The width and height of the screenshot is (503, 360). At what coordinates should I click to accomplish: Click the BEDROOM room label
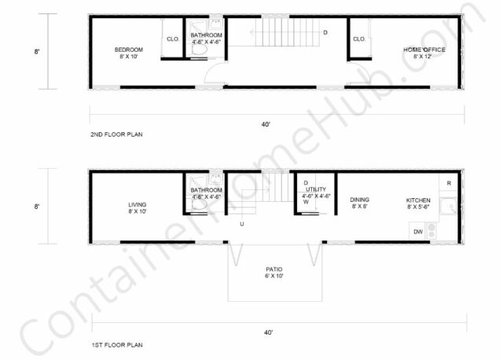[128, 49]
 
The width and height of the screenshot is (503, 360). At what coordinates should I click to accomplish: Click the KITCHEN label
[418, 200]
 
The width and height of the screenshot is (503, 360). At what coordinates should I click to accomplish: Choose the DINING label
[361, 200]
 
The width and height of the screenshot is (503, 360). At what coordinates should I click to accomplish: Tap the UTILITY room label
[319, 189]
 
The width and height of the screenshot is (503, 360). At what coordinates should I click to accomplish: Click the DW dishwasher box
[418, 231]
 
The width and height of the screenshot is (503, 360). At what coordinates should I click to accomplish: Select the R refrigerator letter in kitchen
[448, 183]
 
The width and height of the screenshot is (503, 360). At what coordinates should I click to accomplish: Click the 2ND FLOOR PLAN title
[116, 134]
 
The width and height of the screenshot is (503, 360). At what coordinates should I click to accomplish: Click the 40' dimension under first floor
[269, 332]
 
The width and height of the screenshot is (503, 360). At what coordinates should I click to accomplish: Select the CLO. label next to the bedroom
[173, 39]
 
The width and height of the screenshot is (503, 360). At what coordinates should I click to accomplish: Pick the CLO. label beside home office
[359, 39]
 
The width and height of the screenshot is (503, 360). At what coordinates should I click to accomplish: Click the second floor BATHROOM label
[206, 35]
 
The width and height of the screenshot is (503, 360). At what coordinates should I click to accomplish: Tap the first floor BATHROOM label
[206, 189]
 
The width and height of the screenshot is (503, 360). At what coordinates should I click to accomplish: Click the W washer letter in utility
[307, 201]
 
